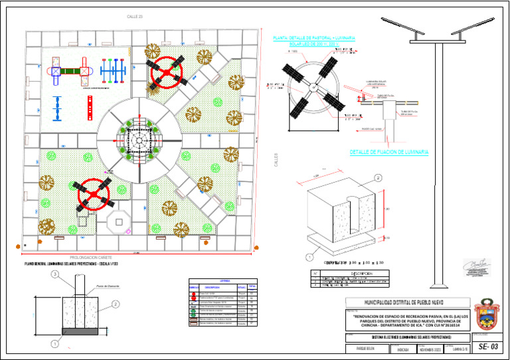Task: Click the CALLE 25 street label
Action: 135,15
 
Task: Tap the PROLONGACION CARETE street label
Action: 90,256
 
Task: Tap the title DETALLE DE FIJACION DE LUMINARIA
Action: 389,152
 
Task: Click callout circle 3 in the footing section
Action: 55,274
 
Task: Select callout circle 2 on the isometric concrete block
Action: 378,177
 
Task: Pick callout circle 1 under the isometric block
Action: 309,255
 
